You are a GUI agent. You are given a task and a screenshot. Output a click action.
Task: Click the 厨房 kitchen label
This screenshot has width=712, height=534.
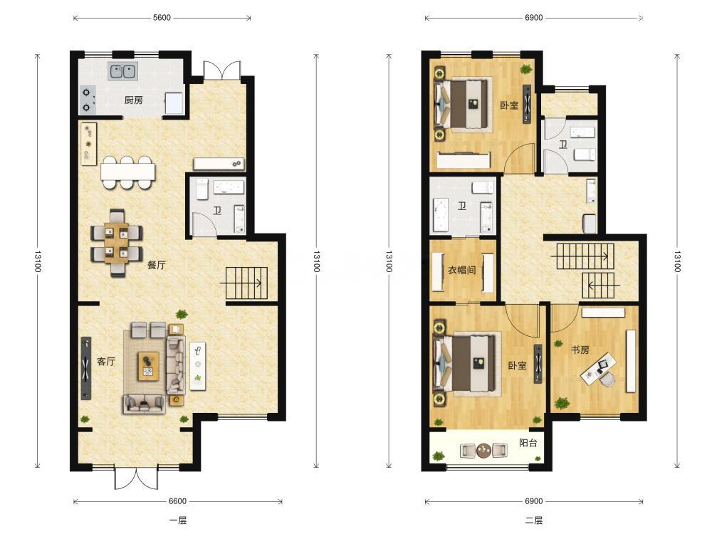[x=133, y=100]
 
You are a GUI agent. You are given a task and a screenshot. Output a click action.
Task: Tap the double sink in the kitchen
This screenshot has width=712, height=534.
[x=123, y=72]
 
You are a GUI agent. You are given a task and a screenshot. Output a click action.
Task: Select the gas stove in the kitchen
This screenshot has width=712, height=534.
[x=88, y=100]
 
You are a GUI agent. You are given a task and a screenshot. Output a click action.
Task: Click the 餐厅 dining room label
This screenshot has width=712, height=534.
[x=157, y=265]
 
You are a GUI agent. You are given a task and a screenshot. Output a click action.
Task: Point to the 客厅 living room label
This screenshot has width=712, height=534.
[x=106, y=362]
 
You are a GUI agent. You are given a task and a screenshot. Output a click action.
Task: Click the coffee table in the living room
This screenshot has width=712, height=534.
[x=149, y=366]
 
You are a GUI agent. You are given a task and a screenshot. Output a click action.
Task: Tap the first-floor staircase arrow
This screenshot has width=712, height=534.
[x=241, y=283]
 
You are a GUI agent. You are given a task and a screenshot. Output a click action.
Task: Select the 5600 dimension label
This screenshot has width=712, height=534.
[x=162, y=18]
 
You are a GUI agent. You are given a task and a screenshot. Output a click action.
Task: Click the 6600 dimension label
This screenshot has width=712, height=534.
[x=177, y=501]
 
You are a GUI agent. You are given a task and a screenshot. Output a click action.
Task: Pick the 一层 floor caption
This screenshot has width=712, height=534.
[x=177, y=520]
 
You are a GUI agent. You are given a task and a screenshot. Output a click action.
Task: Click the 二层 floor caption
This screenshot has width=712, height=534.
[x=533, y=520]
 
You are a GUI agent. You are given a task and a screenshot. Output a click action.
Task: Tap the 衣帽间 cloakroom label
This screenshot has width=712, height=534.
[x=462, y=270]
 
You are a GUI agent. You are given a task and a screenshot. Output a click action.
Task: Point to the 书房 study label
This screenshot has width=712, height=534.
[x=580, y=350]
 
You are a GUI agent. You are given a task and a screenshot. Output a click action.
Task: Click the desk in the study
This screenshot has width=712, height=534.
[x=599, y=368]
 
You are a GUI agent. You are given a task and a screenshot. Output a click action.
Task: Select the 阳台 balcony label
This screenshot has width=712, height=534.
[x=528, y=443]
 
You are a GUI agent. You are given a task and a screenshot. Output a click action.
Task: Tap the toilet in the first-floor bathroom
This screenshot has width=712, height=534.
[x=202, y=189]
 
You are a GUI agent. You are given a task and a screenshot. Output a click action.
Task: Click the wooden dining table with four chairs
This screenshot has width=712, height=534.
[x=117, y=243]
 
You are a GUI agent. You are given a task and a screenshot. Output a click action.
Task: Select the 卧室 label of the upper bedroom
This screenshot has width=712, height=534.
[x=509, y=105]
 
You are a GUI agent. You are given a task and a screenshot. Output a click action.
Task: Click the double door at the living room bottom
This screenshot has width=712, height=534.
[x=136, y=478]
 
